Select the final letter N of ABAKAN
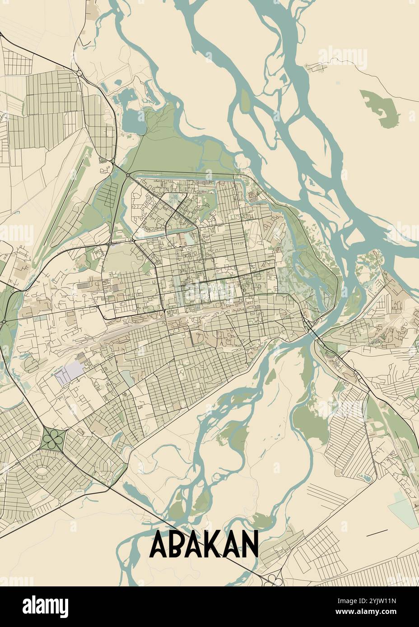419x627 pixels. [x=249, y=544]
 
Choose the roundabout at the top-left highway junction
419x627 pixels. [x=79, y=72]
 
